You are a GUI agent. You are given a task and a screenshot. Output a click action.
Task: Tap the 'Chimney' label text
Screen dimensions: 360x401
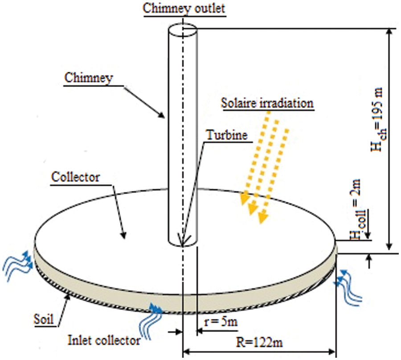[89, 78]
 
